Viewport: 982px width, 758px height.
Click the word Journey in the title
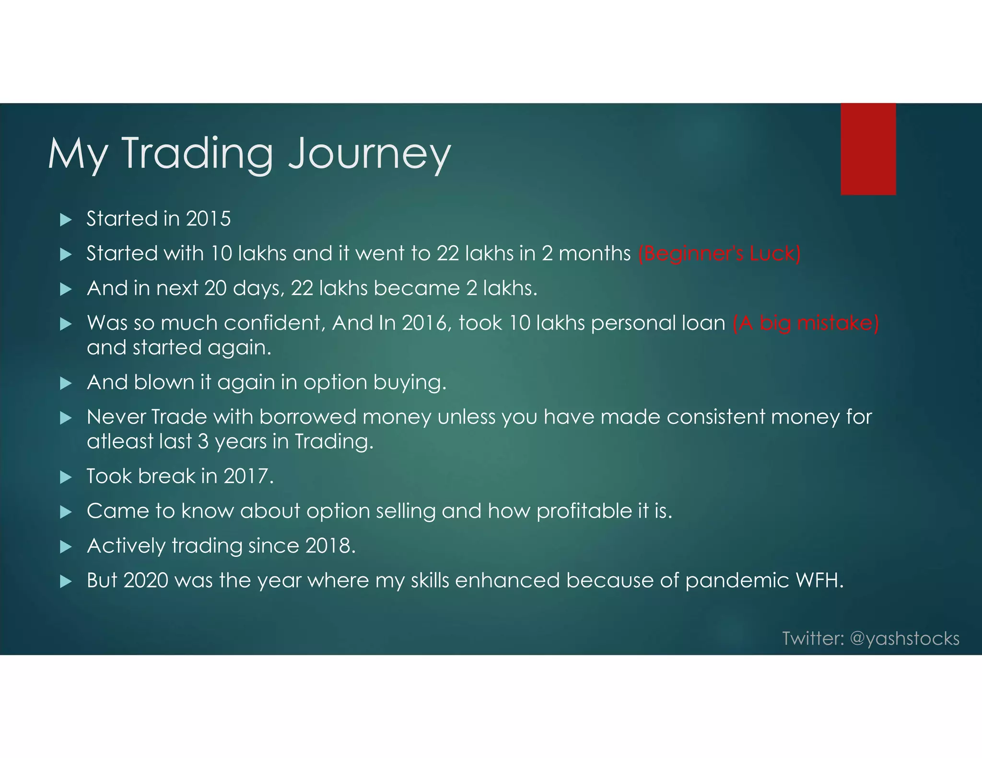369,154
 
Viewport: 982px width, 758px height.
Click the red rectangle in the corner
868,149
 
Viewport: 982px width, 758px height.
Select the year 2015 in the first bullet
209,219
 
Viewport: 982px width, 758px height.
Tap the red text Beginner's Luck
719,254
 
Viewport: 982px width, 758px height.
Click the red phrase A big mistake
806,323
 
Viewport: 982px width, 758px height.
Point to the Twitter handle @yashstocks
904,639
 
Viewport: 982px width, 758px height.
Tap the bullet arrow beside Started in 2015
66,220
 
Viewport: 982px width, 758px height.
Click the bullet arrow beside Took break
66,477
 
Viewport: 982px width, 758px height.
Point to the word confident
274,323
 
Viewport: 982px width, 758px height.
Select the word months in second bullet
595,254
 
